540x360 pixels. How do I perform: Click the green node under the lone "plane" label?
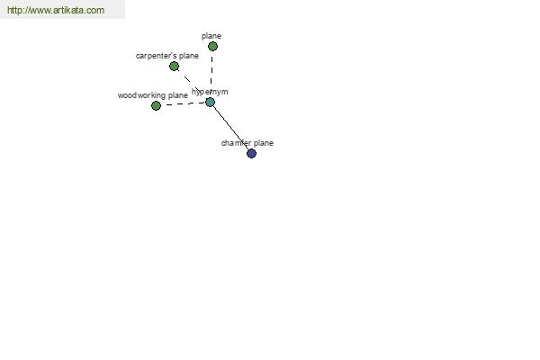click(212, 46)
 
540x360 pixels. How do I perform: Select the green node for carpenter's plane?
click(174, 66)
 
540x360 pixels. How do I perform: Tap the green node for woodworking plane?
click(156, 106)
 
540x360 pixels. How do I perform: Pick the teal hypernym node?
click(210, 102)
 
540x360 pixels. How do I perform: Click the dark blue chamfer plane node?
click(251, 153)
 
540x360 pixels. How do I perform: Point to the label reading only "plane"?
click(211, 36)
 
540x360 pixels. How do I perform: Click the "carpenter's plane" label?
click(167, 56)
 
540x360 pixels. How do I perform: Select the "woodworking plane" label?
click(153, 95)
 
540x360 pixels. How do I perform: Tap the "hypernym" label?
click(210, 92)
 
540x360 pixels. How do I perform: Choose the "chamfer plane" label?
click(247, 143)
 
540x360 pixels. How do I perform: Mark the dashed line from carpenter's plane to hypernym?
click(192, 84)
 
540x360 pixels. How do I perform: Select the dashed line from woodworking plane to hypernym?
click(183, 103)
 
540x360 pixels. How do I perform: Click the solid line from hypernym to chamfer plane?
click(230, 128)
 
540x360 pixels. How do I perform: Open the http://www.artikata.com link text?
click(56, 10)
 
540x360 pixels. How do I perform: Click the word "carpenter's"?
click(156, 56)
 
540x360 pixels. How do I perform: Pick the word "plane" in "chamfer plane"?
click(264, 143)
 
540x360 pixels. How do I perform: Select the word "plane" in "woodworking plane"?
click(177, 95)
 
